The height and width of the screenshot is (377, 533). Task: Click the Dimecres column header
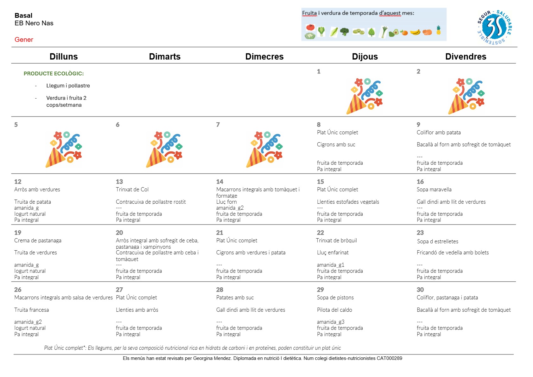pos(264,56)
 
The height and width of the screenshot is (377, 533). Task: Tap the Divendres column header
pos(466,56)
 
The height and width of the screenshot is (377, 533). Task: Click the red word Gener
pos(24,40)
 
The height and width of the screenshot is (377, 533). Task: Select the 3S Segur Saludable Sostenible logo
pos(494,27)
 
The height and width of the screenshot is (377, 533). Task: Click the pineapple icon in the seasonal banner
pos(439,30)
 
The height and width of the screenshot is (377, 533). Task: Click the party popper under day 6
pos(164,149)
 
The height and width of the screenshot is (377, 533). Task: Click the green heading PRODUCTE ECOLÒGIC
pos(54,73)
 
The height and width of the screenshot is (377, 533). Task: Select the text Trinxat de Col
pos(132,189)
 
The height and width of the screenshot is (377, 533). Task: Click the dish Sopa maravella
pos(434,189)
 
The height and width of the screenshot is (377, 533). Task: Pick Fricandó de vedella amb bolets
pos(453,252)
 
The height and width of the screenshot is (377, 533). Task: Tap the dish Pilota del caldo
pos(334,310)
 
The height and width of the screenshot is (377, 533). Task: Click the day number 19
pos(18,233)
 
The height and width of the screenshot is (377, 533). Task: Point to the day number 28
pos(219,290)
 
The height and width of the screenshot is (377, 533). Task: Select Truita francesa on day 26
pos(31,310)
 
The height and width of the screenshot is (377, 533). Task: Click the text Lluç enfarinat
pos(333,252)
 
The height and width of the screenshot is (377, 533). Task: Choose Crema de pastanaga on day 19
pos(38,240)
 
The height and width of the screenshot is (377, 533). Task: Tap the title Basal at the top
pos(23,16)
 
